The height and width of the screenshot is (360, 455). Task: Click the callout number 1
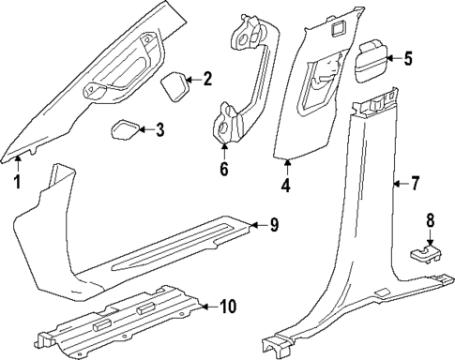[x=16, y=181]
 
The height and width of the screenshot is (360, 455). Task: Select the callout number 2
[x=208, y=81]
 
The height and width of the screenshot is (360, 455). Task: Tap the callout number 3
[x=159, y=129]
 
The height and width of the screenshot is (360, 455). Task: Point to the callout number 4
[x=285, y=186]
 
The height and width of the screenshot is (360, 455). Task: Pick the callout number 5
[x=407, y=59]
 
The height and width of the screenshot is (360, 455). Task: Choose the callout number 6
[x=223, y=169]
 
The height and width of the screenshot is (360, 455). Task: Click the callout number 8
[x=431, y=247]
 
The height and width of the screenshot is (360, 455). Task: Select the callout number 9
[x=275, y=224]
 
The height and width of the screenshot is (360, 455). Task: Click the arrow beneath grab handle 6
[x=223, y=150]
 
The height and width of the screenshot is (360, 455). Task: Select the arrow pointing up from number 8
[x=431, y=263]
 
